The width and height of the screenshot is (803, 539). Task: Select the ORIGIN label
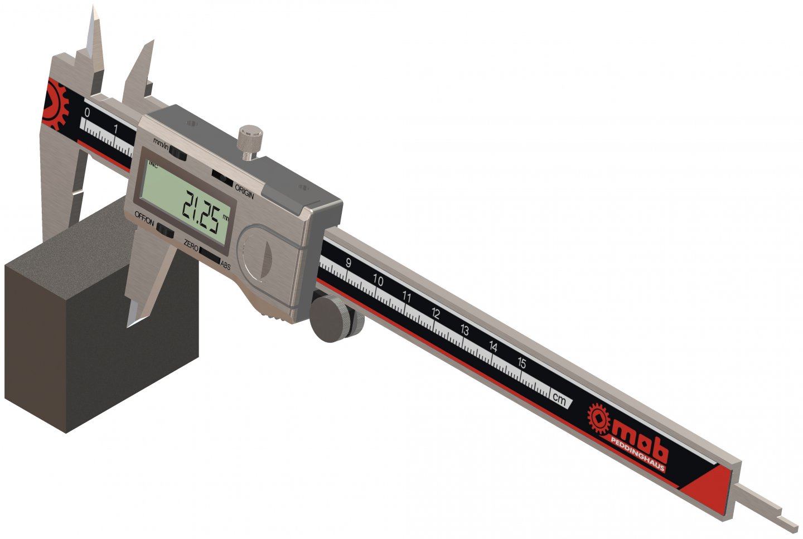(x=244, y=192)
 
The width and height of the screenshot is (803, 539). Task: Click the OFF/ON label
(x=144, y=218)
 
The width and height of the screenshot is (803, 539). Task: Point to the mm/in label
(x=161, y=144)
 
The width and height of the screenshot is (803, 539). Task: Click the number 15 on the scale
(x=522, y=363)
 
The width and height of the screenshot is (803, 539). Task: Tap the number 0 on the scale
(x=86, y=113)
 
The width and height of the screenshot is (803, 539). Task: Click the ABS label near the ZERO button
(x=225, y=266)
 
